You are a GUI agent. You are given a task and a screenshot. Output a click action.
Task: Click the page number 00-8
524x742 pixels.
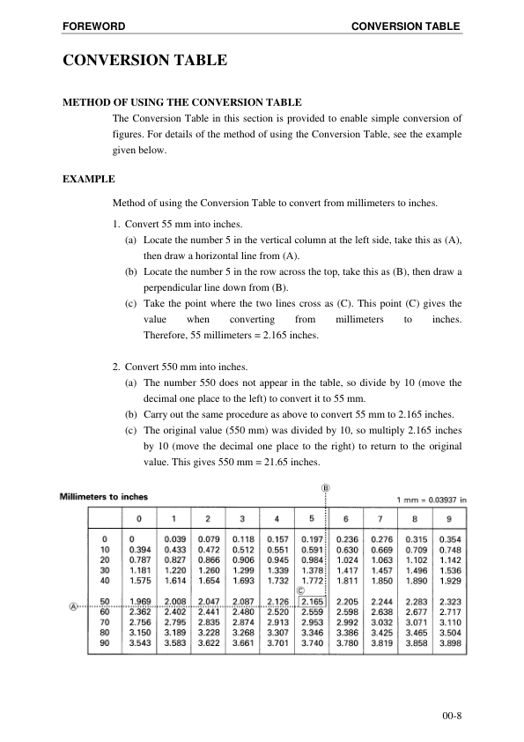(x=452, y=713)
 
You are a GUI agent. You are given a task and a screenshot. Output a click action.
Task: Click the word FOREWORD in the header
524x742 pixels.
(x=93, y=26)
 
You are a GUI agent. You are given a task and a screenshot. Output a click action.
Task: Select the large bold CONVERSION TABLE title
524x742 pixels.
(x=145, y=62)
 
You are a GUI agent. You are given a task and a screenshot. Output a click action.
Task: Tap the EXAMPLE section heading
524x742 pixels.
(x=89, y=180)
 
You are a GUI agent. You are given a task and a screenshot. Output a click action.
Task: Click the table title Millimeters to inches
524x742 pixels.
(x=103, y=496)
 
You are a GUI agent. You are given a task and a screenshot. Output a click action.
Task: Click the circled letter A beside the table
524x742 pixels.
(x=74, y=605)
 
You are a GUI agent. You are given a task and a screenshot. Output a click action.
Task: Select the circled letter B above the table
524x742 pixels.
(x=326, y=486)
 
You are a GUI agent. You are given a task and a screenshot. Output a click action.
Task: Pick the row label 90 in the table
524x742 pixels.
(x=105, y=644)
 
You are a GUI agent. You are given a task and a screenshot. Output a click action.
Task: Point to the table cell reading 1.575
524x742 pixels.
(x=139, y=581)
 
